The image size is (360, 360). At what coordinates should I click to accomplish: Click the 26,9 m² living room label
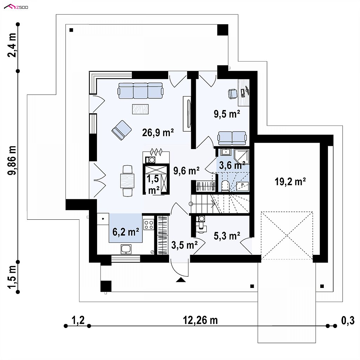[158, 132]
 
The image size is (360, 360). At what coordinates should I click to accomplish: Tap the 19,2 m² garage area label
[290, 181]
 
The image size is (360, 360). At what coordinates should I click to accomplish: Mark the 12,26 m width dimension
[200, 320]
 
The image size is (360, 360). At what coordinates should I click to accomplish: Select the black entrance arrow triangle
[180, 280]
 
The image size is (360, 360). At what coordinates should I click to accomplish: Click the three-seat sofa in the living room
[141, 91]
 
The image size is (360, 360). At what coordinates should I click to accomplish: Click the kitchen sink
[126, 249]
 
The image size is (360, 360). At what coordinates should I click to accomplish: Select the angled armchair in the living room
[122, 129]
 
